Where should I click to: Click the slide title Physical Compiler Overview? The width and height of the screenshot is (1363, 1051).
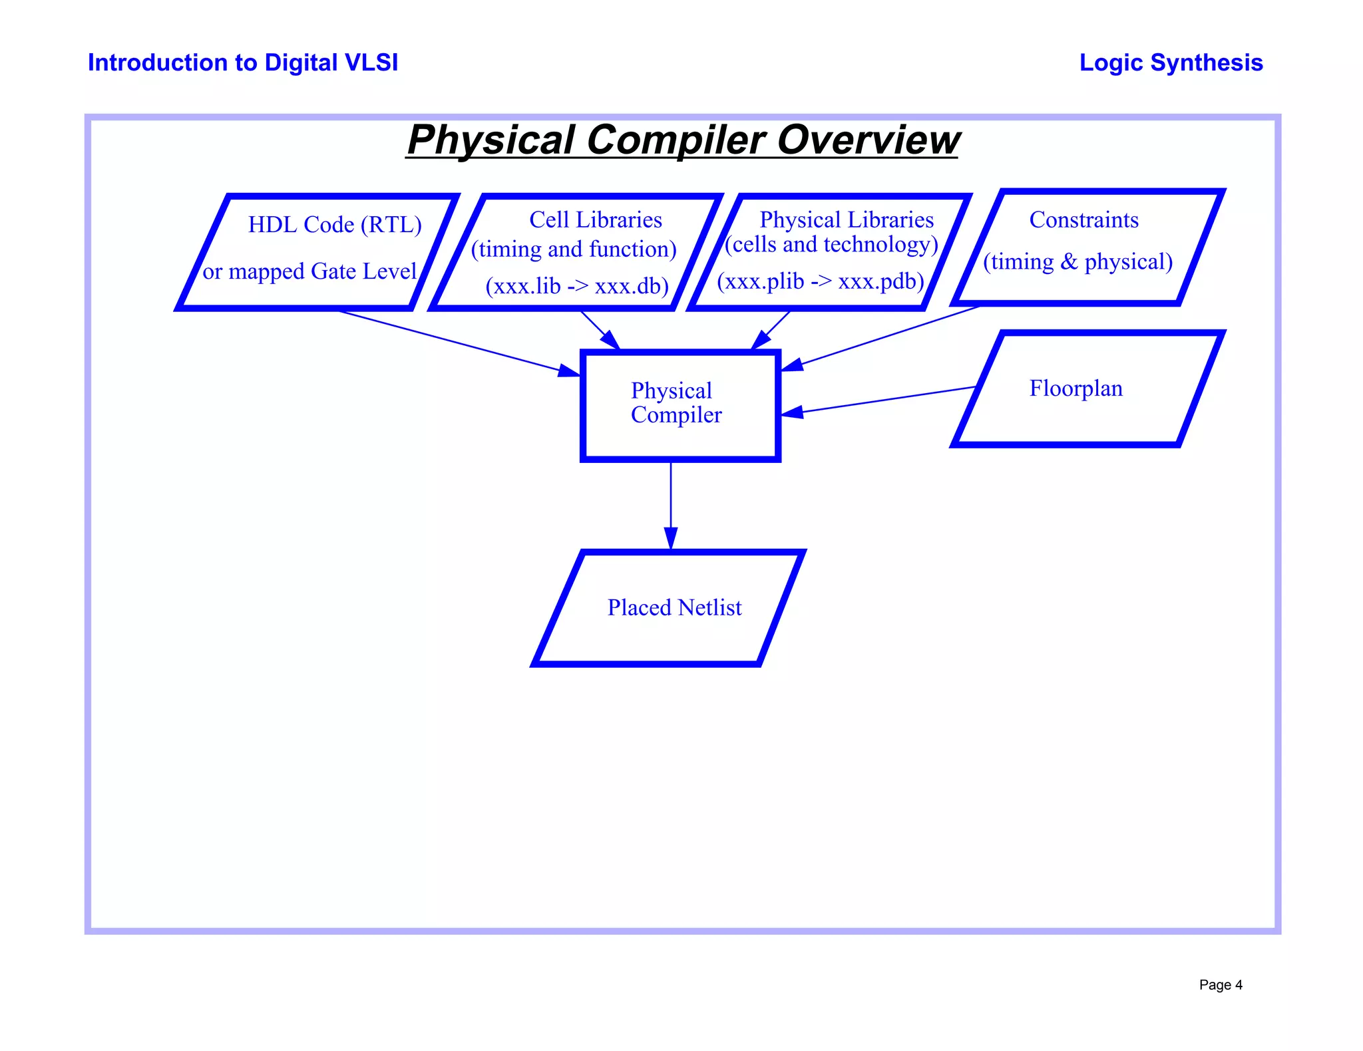tap(683, 140)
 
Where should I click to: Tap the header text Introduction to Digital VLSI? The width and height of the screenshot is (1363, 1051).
tap(243, 63)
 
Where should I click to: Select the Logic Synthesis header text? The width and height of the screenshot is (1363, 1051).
tap(1171, 63)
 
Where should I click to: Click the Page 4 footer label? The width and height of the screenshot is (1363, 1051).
tap(1221, 984)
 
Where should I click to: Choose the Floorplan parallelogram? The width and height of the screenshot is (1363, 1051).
tap(1088, 419)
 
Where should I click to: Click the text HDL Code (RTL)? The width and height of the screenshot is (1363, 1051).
tap(335, 225)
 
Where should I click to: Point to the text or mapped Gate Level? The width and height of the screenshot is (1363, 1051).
tap(309, 271)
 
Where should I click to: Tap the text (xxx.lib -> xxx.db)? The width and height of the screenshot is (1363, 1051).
tap(577, 286)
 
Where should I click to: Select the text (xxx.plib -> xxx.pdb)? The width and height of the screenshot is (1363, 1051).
tap(821, 281)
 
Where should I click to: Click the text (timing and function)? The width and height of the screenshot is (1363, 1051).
tap(574, 249)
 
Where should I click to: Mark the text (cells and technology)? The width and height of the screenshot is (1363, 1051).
tap(831, 245)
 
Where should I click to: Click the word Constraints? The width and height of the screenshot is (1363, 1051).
tap(1083, 220)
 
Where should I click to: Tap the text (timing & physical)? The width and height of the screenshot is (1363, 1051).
tap(1077, 262)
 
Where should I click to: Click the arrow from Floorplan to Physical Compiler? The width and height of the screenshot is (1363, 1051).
tap(878, 400)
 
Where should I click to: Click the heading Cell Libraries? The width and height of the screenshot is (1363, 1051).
tap(596, 220)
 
